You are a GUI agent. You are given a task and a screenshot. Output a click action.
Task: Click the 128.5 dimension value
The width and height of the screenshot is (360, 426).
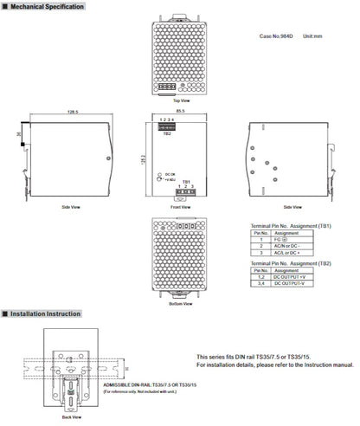point(62,112)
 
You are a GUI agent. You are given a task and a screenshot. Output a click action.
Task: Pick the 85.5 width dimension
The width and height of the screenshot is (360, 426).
point(180,112)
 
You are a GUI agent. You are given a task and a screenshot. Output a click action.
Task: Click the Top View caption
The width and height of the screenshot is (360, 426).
point(180,100)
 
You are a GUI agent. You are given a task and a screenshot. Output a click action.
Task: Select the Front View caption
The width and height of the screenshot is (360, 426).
point(180,208)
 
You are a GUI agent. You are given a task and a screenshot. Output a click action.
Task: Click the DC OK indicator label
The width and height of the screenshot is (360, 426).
point(170,175)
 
